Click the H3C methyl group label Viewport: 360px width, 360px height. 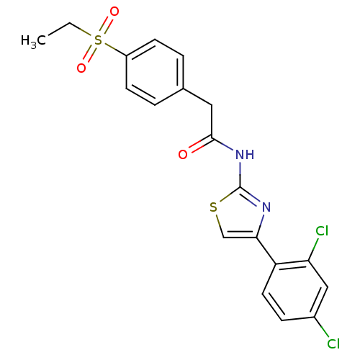pos(33,41)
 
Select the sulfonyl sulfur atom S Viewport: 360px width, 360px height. pos(98,40)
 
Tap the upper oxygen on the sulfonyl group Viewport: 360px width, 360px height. pos(114,12)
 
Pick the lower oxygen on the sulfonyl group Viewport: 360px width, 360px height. pos(81,68)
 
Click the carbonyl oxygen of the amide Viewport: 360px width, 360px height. pos(183,154)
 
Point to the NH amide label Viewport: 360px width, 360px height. pos(245,154)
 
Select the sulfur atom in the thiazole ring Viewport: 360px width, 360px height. pos(213,207)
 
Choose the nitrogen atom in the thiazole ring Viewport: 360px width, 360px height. pos(266,207)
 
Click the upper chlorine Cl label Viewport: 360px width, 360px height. pos(322,231)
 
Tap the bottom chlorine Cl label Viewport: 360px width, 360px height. pos(333,343)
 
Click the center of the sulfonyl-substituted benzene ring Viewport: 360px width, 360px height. pos(155,72)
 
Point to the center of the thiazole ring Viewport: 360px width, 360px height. pos(240,215)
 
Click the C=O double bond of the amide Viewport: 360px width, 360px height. pos(200,145)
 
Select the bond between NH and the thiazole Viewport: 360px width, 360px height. pos(240,174)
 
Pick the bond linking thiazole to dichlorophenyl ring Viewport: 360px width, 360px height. pos(266,251)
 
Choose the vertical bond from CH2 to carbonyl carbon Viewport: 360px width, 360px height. pos(212,122)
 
